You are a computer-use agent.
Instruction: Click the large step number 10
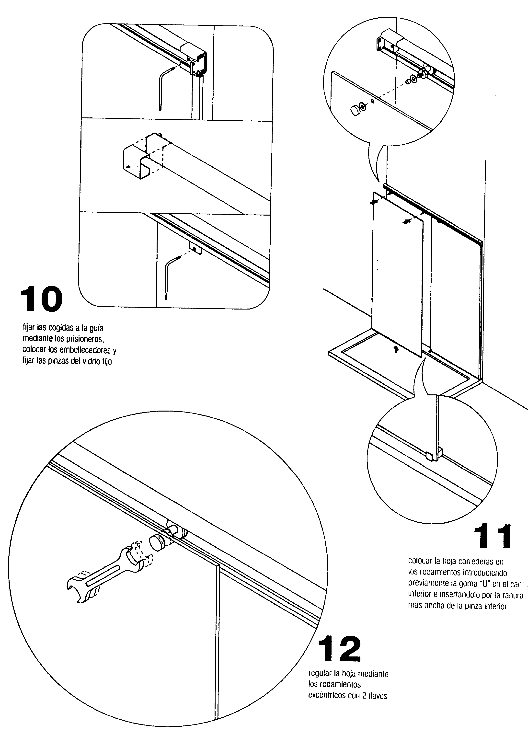click(x=41, y=299)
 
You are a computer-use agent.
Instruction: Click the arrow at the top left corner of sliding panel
click(x=374, y=202)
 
